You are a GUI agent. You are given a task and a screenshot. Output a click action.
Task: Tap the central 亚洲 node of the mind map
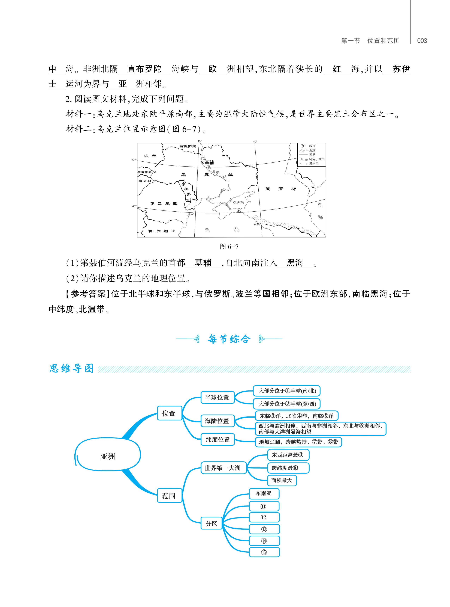tap(108, 456)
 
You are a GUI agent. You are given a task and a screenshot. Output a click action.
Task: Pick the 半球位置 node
tap(217, 398)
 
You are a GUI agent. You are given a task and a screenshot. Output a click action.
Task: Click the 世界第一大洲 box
tap(223, 468)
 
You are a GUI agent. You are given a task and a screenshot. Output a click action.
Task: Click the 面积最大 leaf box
tap(282, 480)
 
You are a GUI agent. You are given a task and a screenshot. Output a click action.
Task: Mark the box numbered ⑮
tap(264, 552)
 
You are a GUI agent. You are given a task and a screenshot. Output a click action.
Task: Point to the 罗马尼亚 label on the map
tap(164, 204)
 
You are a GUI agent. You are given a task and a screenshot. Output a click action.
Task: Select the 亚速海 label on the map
tap(238, 202)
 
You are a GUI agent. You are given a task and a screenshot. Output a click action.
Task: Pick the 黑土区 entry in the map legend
tap(313, 164)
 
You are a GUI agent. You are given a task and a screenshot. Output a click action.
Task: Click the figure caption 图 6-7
tap(229, 247)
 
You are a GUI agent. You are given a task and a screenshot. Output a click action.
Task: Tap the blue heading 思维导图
tap(71, 368)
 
